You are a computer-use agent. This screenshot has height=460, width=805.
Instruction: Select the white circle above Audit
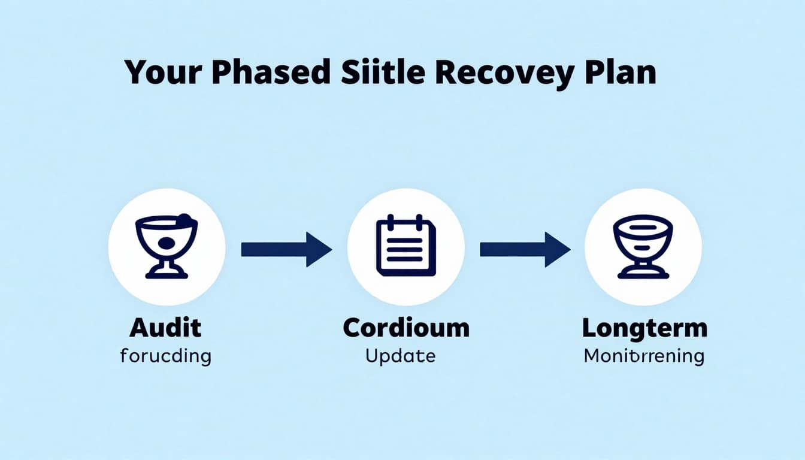point(167,246)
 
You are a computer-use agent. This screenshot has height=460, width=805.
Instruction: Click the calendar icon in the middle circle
point(406,246)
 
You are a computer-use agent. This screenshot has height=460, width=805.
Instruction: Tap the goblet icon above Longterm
point(643,246)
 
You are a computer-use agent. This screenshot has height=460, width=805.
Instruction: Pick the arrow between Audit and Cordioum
point(286,249)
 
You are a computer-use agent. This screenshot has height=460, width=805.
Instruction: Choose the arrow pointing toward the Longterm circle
point(525,249)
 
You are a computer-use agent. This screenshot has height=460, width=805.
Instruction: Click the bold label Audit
point(165,328)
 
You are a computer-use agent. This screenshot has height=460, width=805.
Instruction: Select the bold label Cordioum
point(406,328)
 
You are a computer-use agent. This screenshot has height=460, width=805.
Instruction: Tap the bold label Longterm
point(644,328)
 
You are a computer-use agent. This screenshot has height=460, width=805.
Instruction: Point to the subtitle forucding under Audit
point(165,356)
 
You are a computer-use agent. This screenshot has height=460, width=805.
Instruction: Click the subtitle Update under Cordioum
point(400,356)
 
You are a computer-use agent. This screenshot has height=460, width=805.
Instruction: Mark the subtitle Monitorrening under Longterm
point(644,356)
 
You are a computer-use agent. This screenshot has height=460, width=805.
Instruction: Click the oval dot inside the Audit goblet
point(167,243)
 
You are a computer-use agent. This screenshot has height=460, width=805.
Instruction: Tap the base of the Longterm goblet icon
point(643,274)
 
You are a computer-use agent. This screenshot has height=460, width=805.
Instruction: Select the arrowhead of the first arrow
point(318,249)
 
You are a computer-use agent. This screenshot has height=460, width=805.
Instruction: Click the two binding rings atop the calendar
point(406,222)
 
